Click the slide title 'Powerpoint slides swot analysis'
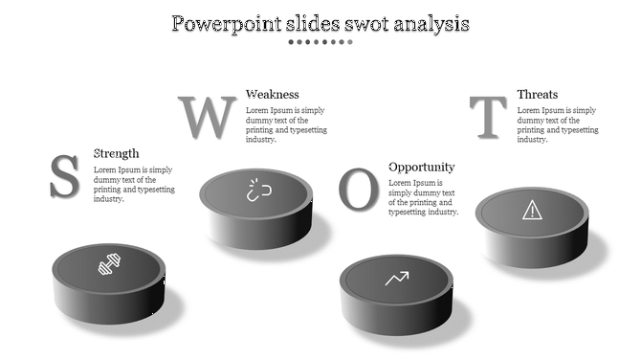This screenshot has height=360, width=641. tap(320, 23)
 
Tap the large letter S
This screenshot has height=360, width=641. tap(64, 176)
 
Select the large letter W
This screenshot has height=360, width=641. tap(208, 117)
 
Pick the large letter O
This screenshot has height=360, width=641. tap(359, 190)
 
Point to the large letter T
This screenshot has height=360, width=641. tap(491, 118)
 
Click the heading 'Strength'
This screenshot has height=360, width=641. tap(116, 153)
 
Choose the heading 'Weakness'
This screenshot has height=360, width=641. tap(273, 94)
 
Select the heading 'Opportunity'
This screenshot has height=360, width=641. tap(421, 167)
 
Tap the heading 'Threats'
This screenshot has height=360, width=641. tap(538, 94)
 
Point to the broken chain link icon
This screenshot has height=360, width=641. tap(256, 190)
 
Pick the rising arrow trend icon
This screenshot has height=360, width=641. tap(396, 279)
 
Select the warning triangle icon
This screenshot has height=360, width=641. tap(531, 209)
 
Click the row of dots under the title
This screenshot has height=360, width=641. tap(320, 42)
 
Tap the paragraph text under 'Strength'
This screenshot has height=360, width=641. tap(134, 184)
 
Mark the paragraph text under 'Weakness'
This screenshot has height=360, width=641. tap(285, 124)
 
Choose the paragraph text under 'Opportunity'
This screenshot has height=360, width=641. tap(423, 197)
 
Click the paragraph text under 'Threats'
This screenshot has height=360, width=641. tap(557, 124)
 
